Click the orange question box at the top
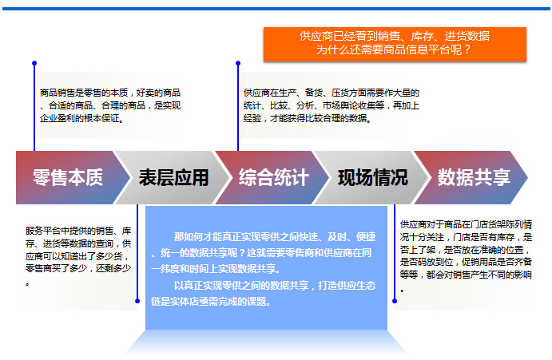(395, 45)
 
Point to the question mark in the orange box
(467, 49)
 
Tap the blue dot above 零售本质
(34, 63)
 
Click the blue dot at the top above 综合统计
(238, 63)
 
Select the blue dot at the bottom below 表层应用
(137, 301)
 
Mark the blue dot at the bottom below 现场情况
(395, 301)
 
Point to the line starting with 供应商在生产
(331, 93)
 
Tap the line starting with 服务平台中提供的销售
(78, 231)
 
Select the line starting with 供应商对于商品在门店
(466, 224)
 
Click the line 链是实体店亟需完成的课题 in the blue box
(211, 302)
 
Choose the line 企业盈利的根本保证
(81, 118)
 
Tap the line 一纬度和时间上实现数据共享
(216, 269)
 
